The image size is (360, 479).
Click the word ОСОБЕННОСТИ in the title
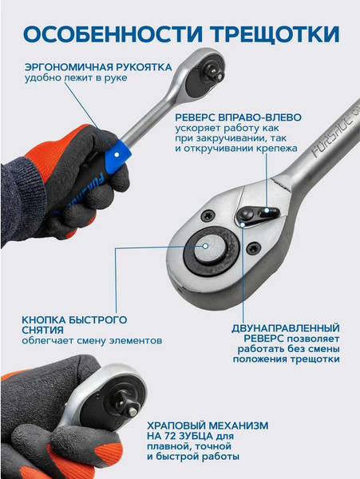[x=113, y=34]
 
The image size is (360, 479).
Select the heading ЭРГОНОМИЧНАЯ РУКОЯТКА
[x=98, y=67]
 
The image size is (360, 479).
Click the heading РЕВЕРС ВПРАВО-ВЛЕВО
[x=239, y=117]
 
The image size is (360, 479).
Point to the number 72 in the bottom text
[x=175, y=436]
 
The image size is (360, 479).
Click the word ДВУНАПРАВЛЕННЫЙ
[x=286, y=328]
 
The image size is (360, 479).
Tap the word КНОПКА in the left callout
[x=44, y=320]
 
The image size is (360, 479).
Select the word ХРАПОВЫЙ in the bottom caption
[x=178, y=426]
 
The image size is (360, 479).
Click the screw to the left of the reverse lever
[x=208, y=216]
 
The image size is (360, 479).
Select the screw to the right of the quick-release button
[x=254, y=248]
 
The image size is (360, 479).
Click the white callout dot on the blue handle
[x=117, y=155]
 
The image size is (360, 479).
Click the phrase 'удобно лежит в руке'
[x=76, y=78]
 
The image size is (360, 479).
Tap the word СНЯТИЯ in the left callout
[x=42, y=331]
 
